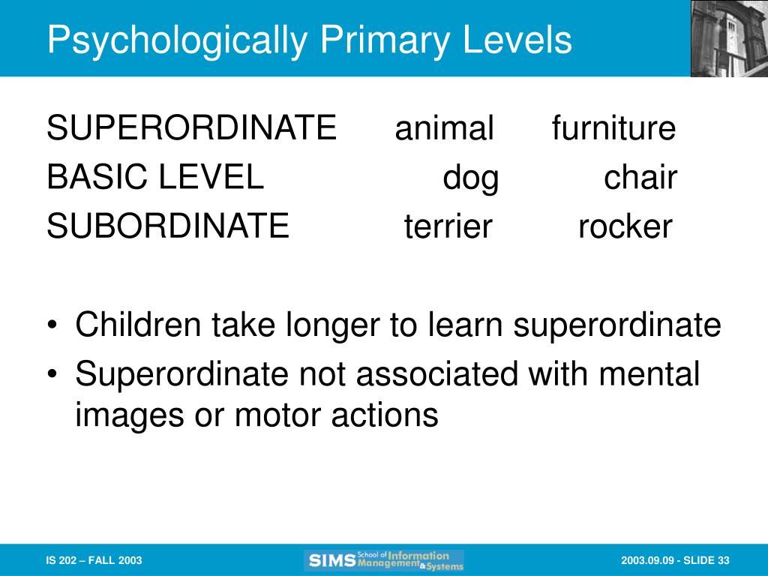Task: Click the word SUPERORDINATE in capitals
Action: (x=191, y=127)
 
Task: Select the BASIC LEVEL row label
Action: (x=155, y=176)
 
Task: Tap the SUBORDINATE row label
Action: (x=168, y=225)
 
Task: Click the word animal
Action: (x=444, y=127)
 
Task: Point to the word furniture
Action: (x=613, y=127)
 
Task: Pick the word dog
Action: (x=471, y=178)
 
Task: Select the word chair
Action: (x=640, y=176)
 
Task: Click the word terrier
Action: (x=448, y=226)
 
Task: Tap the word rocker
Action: (x=625, y=226)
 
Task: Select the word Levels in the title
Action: (x=517, y=39)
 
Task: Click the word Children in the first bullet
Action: (x=138, y=324)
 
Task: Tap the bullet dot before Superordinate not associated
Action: (x=52, y=373)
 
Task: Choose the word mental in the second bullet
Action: (x=649, y=373)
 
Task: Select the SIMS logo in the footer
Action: (x=384, y=560)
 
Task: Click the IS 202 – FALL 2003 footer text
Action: (x=94, y=560)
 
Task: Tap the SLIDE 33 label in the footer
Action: (x=706, y=560)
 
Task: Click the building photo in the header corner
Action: (x=729, y=39)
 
